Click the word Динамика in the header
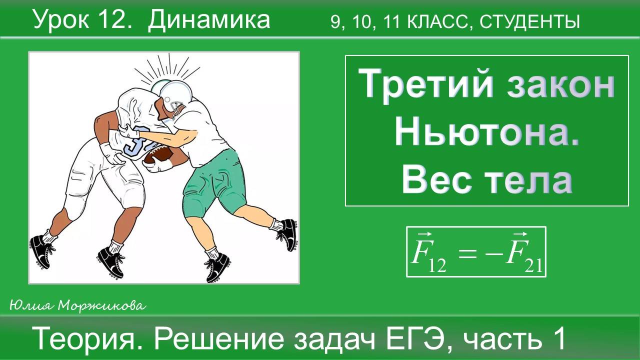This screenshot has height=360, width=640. tap(208, 20)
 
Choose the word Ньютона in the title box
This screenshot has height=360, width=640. tap(486, 132)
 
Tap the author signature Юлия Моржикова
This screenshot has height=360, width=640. tap(77, 305)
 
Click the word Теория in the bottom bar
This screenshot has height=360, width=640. tap(90, 339)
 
